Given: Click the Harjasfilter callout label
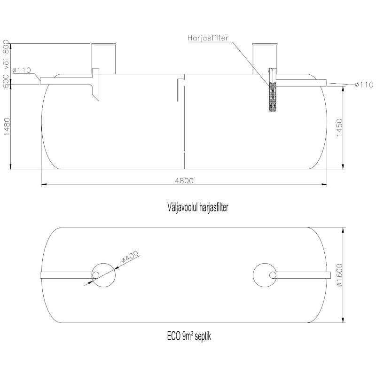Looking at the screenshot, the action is (x=208, y=38).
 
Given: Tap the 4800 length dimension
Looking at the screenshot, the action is (x=184, y=180).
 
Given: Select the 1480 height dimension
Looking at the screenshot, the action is (x=7, y=126).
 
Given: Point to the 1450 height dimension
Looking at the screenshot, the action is (x=339, y=127).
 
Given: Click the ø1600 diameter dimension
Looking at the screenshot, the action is (x=339, y=275).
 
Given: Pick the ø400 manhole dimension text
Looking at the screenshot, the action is (x=130, y=257).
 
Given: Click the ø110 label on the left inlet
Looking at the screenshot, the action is (x=22, y=70).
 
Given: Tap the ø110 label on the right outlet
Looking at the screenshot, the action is (x=364, y=85).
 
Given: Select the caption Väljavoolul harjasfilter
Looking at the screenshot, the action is (x=197, y=207).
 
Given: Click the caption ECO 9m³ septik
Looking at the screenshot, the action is (x=189, y=336).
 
